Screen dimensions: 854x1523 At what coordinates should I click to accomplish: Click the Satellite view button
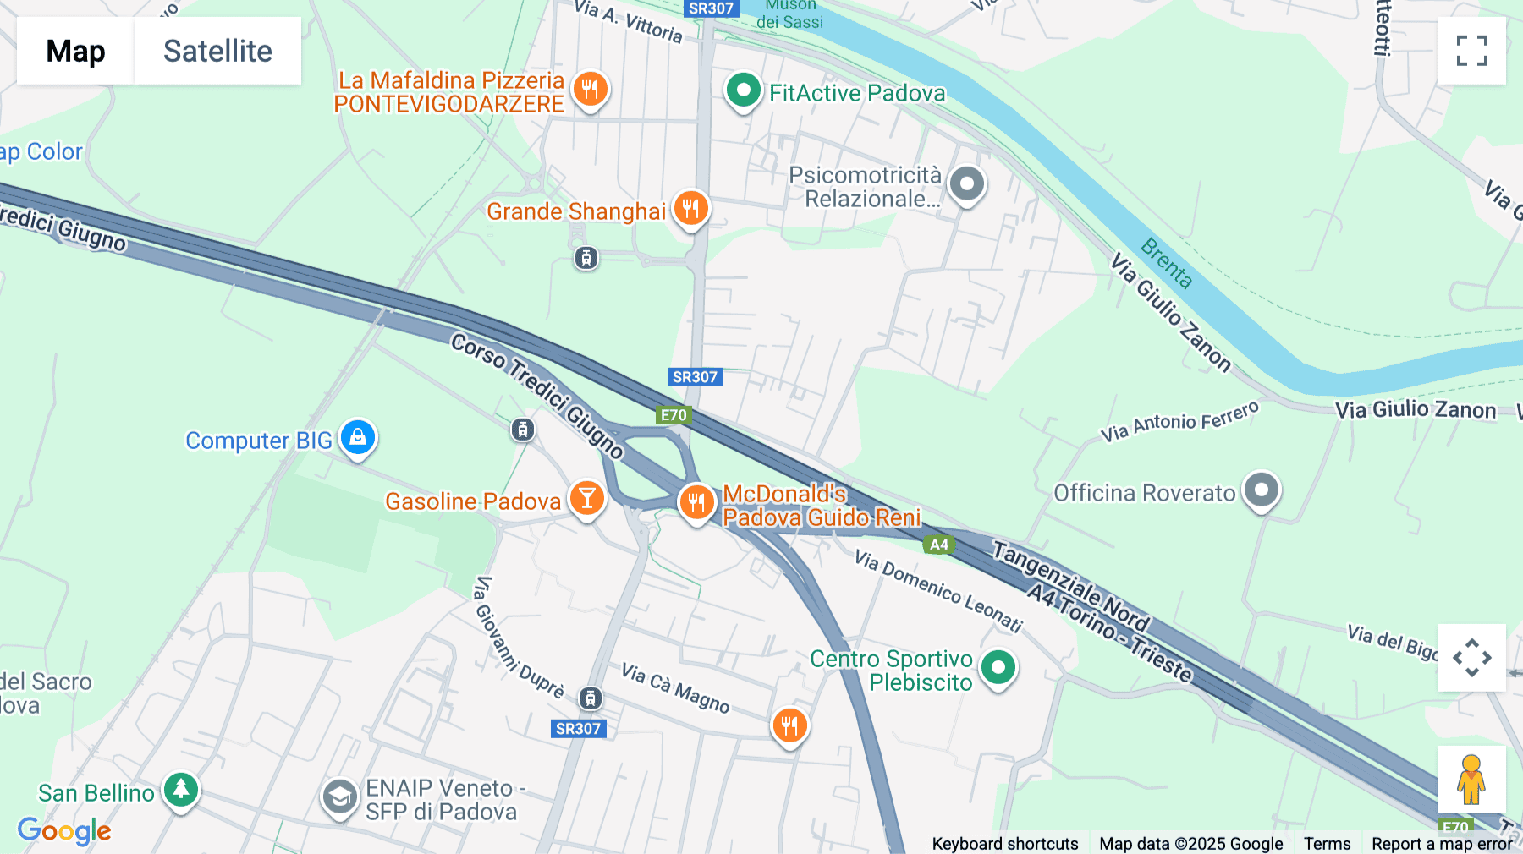[217, 51]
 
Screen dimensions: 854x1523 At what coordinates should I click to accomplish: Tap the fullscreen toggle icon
[1471, 51]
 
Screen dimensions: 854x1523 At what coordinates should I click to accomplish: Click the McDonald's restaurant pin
[696, 503]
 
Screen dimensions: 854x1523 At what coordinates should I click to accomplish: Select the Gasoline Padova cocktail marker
[586, 499]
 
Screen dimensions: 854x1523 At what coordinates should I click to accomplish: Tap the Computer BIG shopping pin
[358, 438]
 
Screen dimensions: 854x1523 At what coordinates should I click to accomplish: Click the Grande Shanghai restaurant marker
[690, 208]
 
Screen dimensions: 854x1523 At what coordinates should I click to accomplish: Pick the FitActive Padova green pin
[743, 90]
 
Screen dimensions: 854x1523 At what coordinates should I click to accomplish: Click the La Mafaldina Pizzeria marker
[590, 89]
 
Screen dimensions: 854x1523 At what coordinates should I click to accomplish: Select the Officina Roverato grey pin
[1262, 490]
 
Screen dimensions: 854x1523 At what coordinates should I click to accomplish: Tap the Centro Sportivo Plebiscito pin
[998, 668]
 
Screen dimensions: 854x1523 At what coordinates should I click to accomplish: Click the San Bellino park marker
[181, 790]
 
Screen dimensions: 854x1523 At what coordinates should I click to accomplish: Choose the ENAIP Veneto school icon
[340, 797]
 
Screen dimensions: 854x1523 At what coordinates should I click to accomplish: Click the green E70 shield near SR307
[674, 415]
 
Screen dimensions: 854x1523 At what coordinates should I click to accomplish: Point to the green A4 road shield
[939, 545]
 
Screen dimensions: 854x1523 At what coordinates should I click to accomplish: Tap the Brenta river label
[1166, 263]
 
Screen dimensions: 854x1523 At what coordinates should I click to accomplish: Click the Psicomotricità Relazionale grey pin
[967, 183]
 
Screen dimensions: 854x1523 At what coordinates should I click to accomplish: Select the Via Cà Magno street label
[675, 687]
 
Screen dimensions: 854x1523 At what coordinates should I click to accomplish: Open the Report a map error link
[1442, 843]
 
